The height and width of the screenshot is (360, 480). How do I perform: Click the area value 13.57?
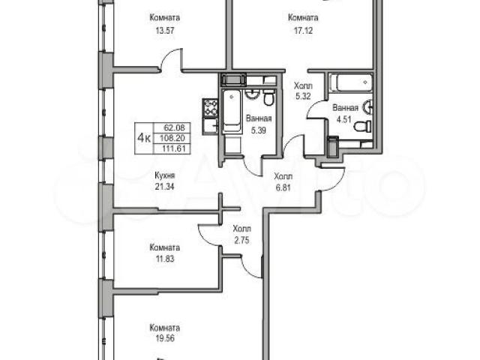pos(165,31)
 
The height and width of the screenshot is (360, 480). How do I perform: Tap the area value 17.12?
pos(303,31)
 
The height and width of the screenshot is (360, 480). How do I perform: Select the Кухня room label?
pos(165,175)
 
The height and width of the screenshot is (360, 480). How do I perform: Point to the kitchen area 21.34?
pos(165,187)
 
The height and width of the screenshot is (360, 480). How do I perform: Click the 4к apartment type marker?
pos(144,138)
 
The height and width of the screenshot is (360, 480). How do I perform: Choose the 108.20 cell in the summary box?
pos(175,138)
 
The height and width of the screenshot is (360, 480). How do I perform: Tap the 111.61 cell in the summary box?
pos(175,149)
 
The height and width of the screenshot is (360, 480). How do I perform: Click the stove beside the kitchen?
pos(210,108)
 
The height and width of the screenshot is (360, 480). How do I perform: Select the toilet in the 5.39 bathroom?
pos(268,97)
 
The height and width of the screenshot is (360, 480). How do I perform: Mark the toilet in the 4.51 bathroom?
pos(363,126)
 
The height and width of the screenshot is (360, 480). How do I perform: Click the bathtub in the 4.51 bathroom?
pos(351,82)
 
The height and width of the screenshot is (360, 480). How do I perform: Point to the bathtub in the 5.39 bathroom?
pos(232,112)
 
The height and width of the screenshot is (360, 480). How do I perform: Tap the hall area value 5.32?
pos(303,97)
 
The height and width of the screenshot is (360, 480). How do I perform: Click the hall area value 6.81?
pos(283,187)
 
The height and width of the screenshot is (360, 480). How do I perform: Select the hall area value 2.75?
pos(241,240)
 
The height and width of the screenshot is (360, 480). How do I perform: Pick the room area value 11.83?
pos(165,259)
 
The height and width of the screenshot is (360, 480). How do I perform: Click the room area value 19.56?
pos(165,339)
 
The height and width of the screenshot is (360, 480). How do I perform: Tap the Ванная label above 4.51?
pos(345,108)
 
